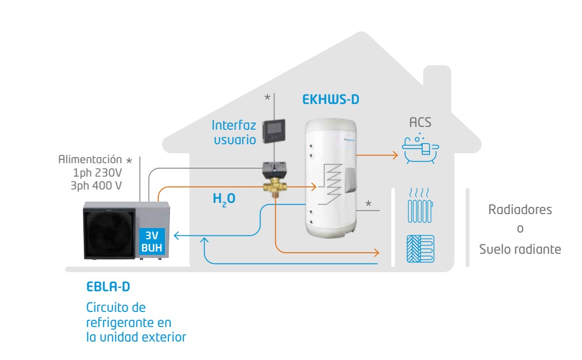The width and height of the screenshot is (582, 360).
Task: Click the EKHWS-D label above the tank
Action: pyautogui.click(x=330, y=100)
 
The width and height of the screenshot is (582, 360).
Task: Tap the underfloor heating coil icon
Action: pyautogui.click(x=420, y=249)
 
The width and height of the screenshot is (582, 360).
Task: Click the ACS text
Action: pyautogui.click(x=420, y=122)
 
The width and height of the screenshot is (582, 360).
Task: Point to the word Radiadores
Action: pyautogui.click(x=520, y=210)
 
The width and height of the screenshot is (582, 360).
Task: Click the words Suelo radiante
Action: pyautogui.click(x=520, y=249)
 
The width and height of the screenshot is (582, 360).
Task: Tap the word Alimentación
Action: pyautogui.click(x=90, y=159)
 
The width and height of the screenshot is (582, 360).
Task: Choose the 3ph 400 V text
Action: pyautogui.click(x=98, y=185)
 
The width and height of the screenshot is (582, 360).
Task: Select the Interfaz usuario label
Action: pyautogui.click(x=234, y=132)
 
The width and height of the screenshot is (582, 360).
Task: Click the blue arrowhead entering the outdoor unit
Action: pyautogui.click(x=177, y=236)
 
